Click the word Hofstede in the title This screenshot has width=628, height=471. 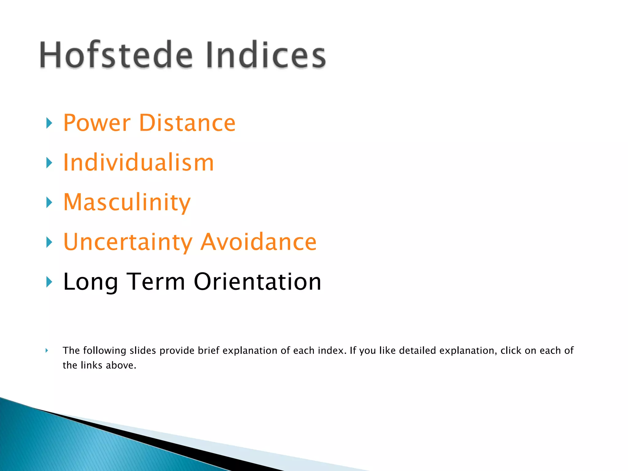[116, 55]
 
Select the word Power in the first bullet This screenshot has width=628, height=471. [97, 123]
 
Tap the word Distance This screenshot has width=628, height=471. [187, 123]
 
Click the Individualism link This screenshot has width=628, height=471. [138, 163]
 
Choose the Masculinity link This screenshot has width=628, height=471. [127, 203]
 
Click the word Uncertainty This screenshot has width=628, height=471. [128, 242]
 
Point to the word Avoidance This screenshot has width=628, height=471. [258, 242]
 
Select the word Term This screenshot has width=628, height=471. [156, 281]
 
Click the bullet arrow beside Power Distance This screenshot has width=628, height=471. [49, 123]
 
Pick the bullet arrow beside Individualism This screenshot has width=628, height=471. [49, 163]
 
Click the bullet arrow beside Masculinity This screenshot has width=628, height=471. [49, 202]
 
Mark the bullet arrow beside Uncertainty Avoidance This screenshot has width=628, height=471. [49, 242]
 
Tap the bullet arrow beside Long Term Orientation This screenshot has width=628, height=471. [49, 282]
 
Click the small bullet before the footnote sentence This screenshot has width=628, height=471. [47, 350]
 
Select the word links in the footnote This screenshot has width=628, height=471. [91, 365]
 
